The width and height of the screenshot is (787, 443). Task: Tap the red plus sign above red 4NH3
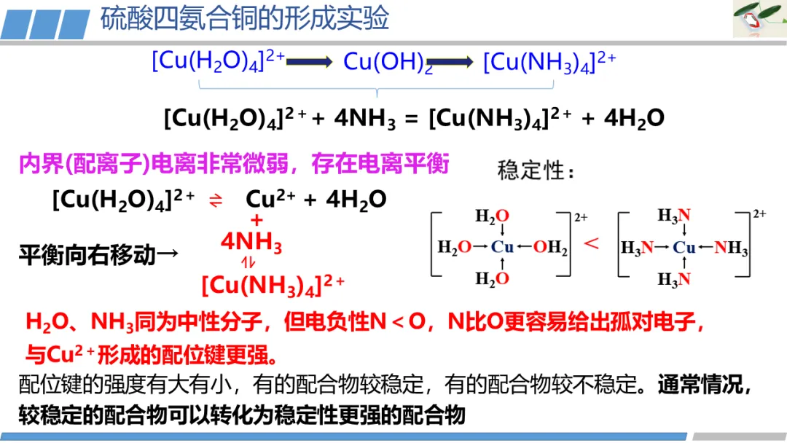pos(257,220)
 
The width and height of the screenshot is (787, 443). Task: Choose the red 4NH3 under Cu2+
pos(251,243)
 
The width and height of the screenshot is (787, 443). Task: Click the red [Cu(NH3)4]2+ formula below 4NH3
pos(272,285)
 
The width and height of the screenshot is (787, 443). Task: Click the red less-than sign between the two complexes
pos(592,244)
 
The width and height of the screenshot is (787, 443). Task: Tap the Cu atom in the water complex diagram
pos(503,247)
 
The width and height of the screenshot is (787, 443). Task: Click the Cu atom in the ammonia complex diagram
pos(684,248)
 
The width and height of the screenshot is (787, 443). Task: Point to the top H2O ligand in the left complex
pos(492,216)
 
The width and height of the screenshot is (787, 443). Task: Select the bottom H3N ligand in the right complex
pos(673,279)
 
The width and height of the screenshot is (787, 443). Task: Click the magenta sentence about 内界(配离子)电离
pos(233,164)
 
